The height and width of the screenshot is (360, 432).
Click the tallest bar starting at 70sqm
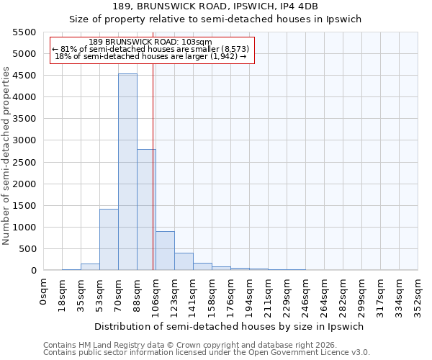click(x=127, y=172)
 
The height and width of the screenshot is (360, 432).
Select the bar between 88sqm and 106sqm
click(x=146, y=210)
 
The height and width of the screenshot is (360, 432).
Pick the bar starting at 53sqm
click(x=109, y=240)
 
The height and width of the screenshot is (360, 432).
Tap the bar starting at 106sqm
click(x=165, y=251)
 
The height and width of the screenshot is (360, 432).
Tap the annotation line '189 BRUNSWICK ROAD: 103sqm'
click(x=151, y=42)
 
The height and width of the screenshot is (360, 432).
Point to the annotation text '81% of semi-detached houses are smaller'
click(x=151, y=49)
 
